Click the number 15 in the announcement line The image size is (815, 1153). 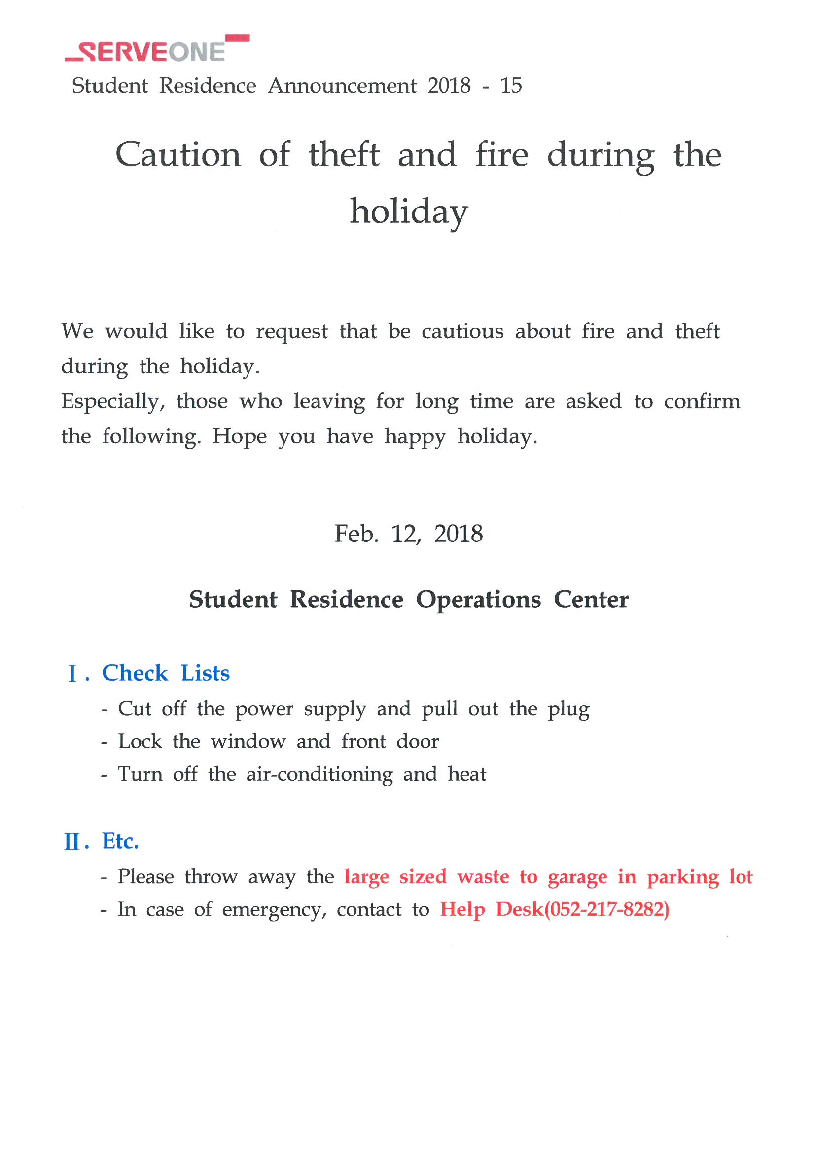point(511,86)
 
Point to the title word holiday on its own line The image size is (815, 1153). point(409,212)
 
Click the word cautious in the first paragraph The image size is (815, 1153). point(462,331)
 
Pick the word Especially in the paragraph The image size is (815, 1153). point(113,402)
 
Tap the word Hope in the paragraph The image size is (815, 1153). point(240,436)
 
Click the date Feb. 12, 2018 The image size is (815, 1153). point(408,534)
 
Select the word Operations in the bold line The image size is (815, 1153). point(479,599)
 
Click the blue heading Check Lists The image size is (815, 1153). point(166,673)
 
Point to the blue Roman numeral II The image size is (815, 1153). point(72,842)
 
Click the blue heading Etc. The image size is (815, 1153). point(120,841)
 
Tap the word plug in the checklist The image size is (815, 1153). point(568,710)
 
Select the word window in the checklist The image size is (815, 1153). point(248,742)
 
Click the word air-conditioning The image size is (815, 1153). point(319,774)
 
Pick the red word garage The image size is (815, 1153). point(577,877)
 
